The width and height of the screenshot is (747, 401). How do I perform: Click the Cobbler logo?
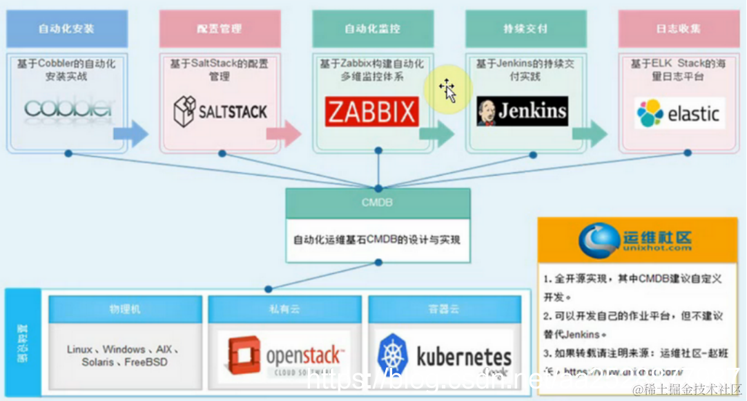click(x=68, y=109)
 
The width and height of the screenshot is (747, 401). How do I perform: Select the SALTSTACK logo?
click(x=220, y=111)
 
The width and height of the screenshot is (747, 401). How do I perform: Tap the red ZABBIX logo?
click(x=371, y=111)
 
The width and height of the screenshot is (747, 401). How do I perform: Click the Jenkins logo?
click(x=522, y=111)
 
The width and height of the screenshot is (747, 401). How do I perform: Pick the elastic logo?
click(x=679, y=113)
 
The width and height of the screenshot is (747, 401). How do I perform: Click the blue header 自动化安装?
click(x=67, y=29)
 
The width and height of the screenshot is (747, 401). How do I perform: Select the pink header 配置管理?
click(x=220, y=29)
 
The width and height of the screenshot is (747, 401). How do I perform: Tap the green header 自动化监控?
click(x=373, y=29)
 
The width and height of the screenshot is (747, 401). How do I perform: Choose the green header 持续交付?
click(x=525, y=29)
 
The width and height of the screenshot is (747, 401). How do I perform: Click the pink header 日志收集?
click(x=679, y=29)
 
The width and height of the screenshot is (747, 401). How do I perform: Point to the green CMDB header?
click(x=378, y=203)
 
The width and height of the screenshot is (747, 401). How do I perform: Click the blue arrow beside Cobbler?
click(x=131, y=133)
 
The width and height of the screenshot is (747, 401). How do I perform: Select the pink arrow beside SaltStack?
click(x=284, y=133)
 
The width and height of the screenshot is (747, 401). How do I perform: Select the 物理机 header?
click(x=125, y=309)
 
